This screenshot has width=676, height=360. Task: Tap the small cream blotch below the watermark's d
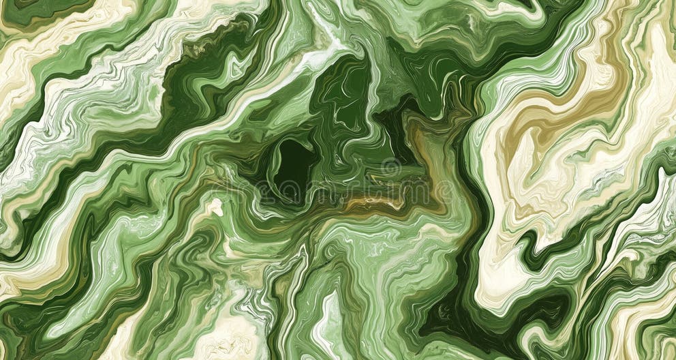click(x=215, y=207)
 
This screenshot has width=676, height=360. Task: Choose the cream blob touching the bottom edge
click(x=232, y=337)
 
